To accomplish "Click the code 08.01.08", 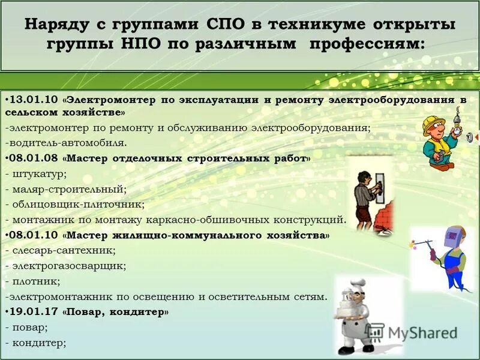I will [32, 159].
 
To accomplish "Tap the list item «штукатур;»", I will [38, 174].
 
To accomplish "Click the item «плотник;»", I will [36, 281].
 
